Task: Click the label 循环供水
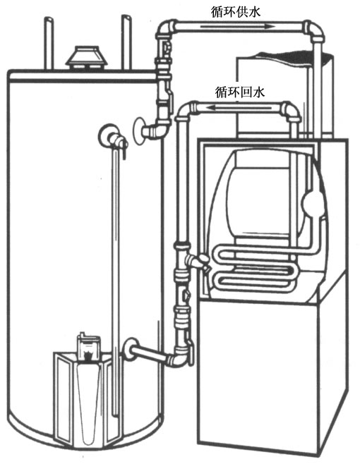point(236,12)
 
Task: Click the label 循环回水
point(239,92)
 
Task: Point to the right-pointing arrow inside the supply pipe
point(237,27)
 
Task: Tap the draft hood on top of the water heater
point(86,57)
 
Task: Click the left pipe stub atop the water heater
point(49,43)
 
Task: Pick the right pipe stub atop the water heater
point(126,42)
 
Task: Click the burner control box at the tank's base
point(88,346)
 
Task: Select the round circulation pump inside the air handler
point(312,202)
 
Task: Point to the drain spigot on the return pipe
point(198,260)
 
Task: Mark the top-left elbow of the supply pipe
point(166,28)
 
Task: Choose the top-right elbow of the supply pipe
point(313,30)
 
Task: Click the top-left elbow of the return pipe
point(187,110)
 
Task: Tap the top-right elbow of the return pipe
point(291,111)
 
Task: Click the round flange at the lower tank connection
point(128,349)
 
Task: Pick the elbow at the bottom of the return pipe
point(179,359)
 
